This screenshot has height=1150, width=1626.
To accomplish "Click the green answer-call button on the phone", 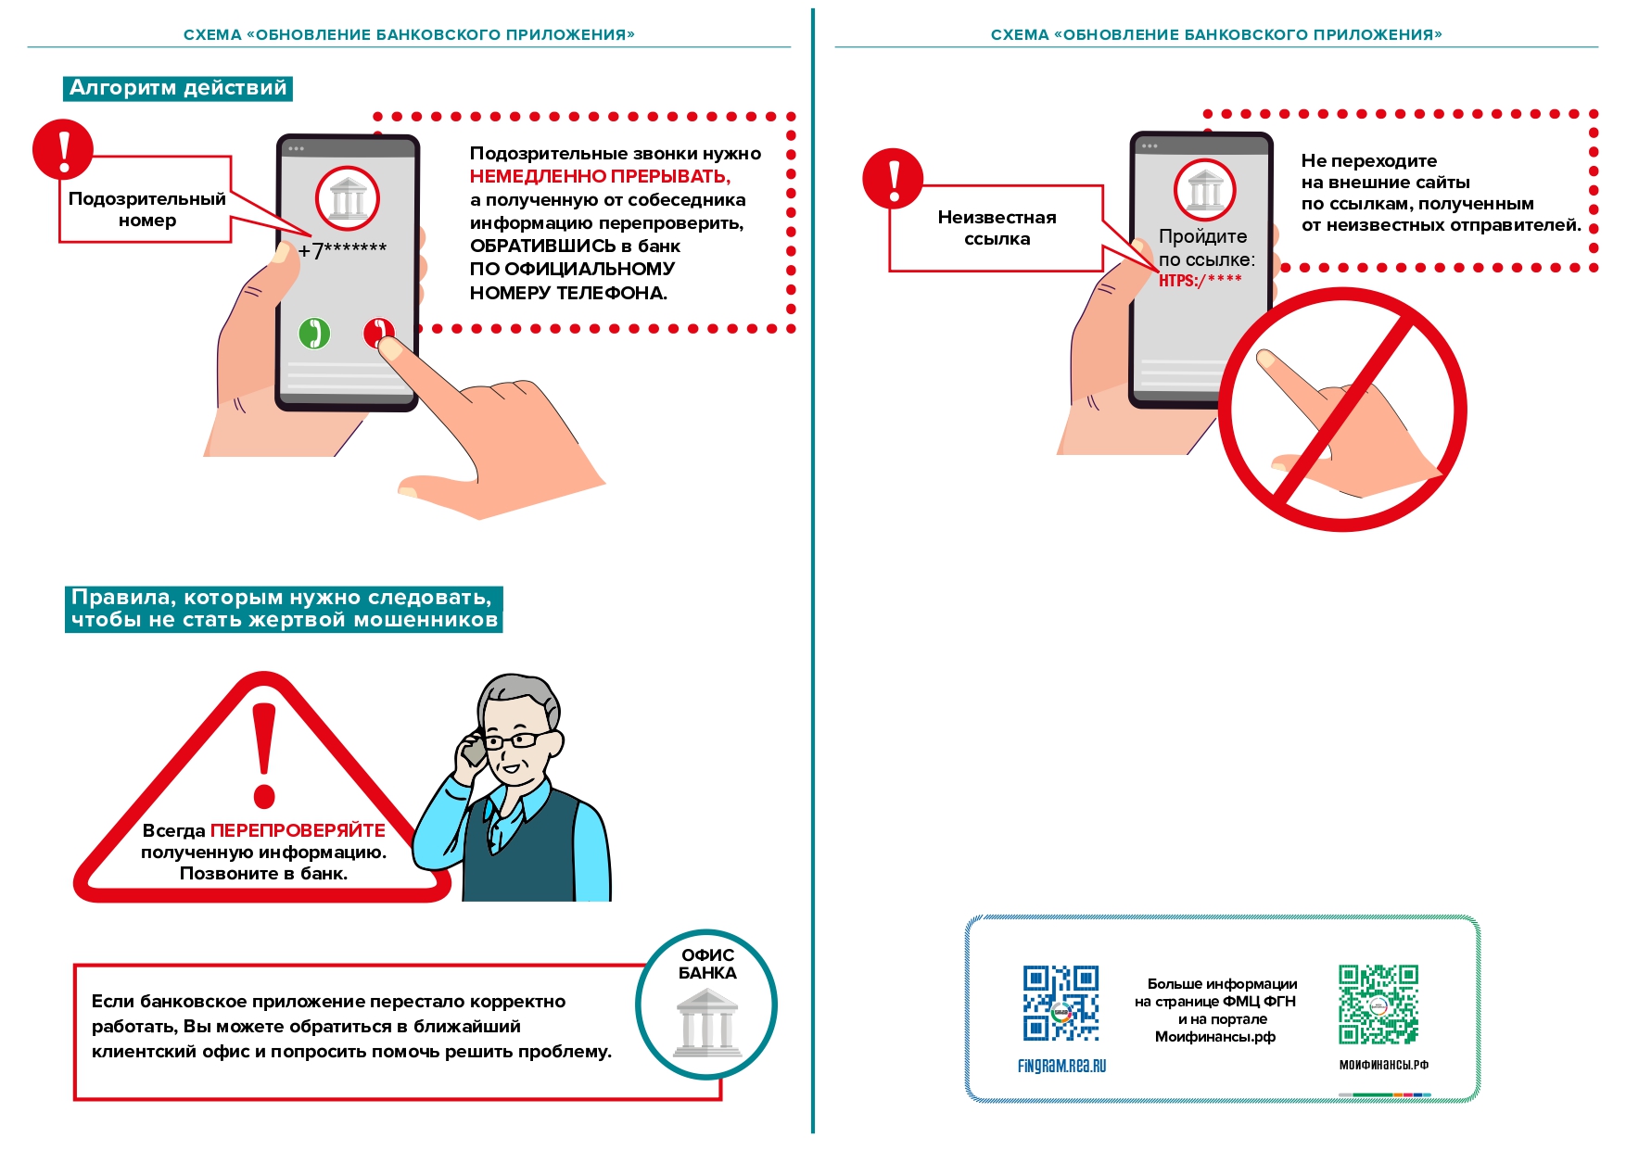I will click(314, 333).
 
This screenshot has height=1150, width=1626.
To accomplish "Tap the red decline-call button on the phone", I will click(376, 331).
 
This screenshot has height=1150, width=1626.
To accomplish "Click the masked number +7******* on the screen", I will click(342, 250).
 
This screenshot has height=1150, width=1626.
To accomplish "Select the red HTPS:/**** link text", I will click(1200, 280).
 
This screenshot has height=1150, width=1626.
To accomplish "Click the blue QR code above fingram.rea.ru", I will click(1061, 1004).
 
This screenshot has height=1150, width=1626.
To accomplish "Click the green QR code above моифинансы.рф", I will click(1378, 1005).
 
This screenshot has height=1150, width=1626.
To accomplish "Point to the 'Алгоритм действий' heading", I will click(178, 88).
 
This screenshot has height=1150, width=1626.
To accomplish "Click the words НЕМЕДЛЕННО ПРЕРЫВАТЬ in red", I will click(600, 176).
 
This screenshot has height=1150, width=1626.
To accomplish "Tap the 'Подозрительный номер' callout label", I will click(146, 209).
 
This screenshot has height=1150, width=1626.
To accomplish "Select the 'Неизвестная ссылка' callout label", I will click(997, 228).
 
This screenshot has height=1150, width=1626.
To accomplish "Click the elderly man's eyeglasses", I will click(515, 740).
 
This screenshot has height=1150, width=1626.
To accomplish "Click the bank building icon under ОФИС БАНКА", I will click(706, 1023).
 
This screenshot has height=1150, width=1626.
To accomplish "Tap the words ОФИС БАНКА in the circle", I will click(707, 964).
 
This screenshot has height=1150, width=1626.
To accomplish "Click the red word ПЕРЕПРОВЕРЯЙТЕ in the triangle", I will click(298, 830).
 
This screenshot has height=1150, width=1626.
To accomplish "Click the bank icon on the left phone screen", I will click(348, 199).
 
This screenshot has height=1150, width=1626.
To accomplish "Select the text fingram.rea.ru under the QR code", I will click(1061, 1066).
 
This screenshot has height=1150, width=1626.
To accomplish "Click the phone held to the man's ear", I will click(474, 750).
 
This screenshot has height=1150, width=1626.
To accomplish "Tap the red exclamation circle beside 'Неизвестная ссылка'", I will click(892, 178).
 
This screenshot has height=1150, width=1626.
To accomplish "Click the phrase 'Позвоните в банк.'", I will click(263, 873).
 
